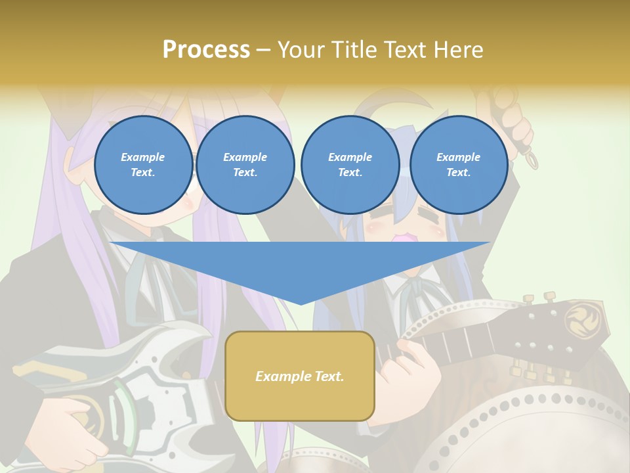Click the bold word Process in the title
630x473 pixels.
[206, 50]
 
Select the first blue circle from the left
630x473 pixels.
[143, 164]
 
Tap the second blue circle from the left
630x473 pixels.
[245, 164]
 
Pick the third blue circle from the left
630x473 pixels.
[350, 164]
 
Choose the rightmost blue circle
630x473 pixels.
[458, 164]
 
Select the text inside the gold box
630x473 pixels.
[300, 376]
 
